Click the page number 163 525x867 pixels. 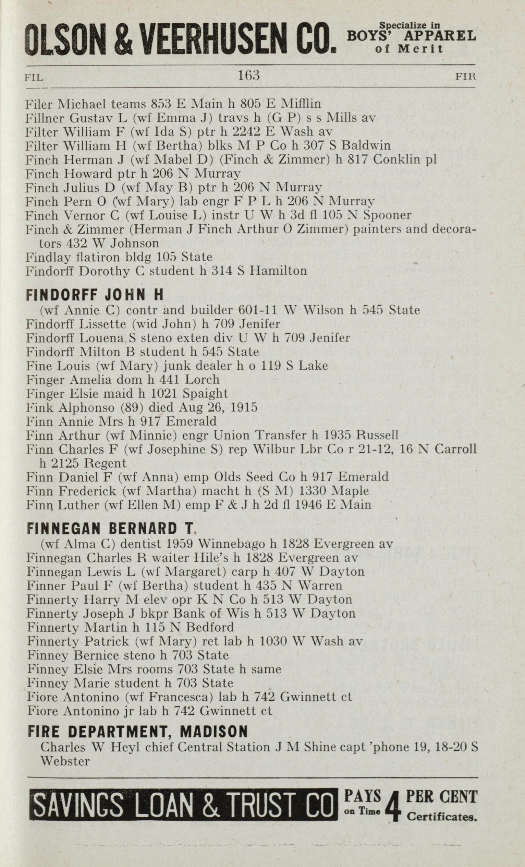click(248, 75)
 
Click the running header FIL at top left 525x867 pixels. click(34, 77)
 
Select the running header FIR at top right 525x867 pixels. click(465, 76)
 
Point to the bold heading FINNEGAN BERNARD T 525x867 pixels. click(110, 528)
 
